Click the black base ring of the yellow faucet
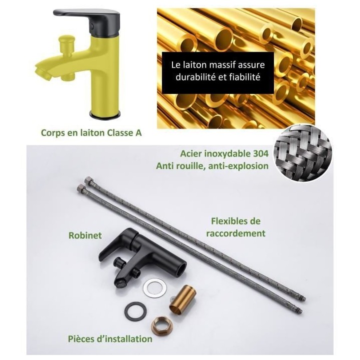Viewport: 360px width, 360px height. pyautogui.click(x=105, y=114)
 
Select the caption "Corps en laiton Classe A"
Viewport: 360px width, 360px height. pyautogui.click(x=91, y=133)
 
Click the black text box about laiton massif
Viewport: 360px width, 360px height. pyautogui.click(x=218, y=73)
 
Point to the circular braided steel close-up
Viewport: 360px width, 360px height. pyautogui.click(x=303, y=152)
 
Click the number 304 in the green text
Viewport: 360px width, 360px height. pyautogui.click(x=260, y=153)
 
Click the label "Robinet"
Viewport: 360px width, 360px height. pyautogui.click(x=85, y=235)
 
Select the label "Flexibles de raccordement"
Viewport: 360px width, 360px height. pyautogui.click(x=236, y=227)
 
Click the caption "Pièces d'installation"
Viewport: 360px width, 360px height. pyautogui.click(x=110, y=339)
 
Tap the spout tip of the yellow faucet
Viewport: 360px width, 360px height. pyautogui.click(x=42, y=71)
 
